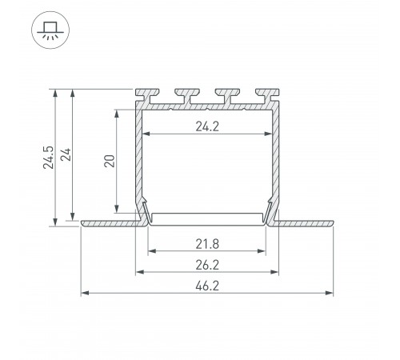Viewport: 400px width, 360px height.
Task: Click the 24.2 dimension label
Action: [207, 126]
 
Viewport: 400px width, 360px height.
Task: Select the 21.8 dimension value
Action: [207, 244]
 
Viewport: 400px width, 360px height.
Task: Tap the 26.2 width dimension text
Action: [207, 265]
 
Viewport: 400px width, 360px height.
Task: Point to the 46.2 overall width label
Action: [207, 286]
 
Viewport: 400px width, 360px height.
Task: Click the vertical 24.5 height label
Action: [48, 158]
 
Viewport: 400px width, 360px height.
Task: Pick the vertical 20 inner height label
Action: [110, 161]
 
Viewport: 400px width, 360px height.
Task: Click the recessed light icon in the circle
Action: [50, 30]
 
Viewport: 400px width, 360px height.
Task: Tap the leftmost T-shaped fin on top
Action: [147, 96]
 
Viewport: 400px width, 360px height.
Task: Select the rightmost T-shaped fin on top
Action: [267, 96]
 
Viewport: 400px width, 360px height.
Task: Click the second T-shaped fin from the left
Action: [187, 96]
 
